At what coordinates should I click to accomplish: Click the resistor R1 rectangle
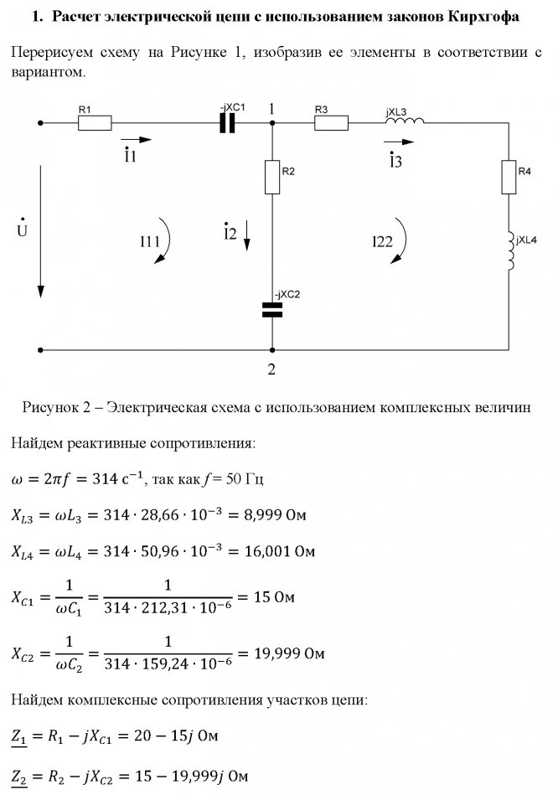(95, 123)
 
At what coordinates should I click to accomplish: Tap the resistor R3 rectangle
(332, 123)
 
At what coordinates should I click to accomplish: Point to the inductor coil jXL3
(405, 121)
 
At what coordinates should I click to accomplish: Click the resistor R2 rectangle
(272, 177)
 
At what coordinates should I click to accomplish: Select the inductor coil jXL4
(509, 252)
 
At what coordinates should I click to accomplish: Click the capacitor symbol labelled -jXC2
(272, 310)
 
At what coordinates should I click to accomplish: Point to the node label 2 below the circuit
(271, 369)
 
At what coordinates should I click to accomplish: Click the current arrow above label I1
(137, 139)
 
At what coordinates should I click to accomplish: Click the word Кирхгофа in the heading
(483, 17)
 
